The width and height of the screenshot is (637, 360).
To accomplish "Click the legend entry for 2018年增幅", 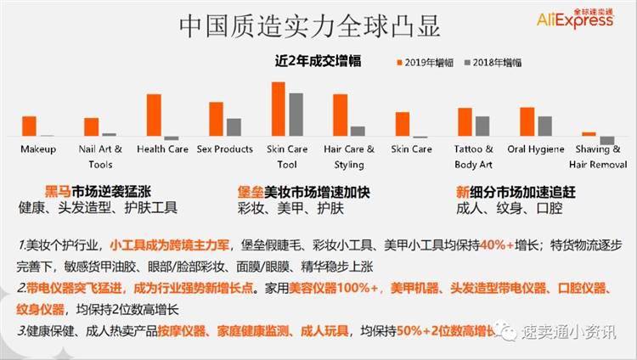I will (x=492, y=62).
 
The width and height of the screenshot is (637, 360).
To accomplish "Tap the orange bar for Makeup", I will (x=29, y=127).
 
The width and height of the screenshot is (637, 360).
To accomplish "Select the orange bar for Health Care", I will (x=154, y=115).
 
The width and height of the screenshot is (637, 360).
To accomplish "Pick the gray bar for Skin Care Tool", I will (x=296, y=115).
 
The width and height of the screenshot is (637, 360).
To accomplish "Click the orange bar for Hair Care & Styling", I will (x=341, y=115).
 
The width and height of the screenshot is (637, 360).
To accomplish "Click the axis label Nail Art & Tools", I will (x=100, y=156).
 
